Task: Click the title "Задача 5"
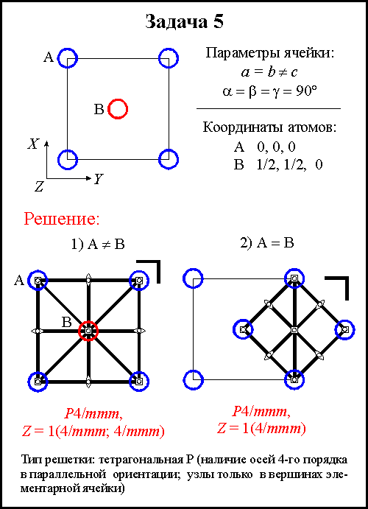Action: click(184, 22)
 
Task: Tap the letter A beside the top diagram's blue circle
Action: click(49, 57)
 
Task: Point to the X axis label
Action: click(33, 144)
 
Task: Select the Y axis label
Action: click(98, 178)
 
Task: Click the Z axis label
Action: click(39, 186)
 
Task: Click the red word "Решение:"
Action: click(62, 219)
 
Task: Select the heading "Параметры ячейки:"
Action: click(270, 53)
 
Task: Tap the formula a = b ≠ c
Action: click(269, 71)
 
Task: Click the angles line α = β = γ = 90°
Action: click(269, 91)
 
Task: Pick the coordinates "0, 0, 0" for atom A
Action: click(276, 147)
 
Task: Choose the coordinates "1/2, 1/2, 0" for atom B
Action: click(289, 165)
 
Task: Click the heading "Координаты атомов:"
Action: click(270, 127)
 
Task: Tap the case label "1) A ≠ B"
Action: click(98, 244)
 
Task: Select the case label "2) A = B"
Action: click(267, 243)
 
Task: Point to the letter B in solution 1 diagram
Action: click(66, 323)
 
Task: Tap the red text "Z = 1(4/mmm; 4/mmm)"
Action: click(93, 432)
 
